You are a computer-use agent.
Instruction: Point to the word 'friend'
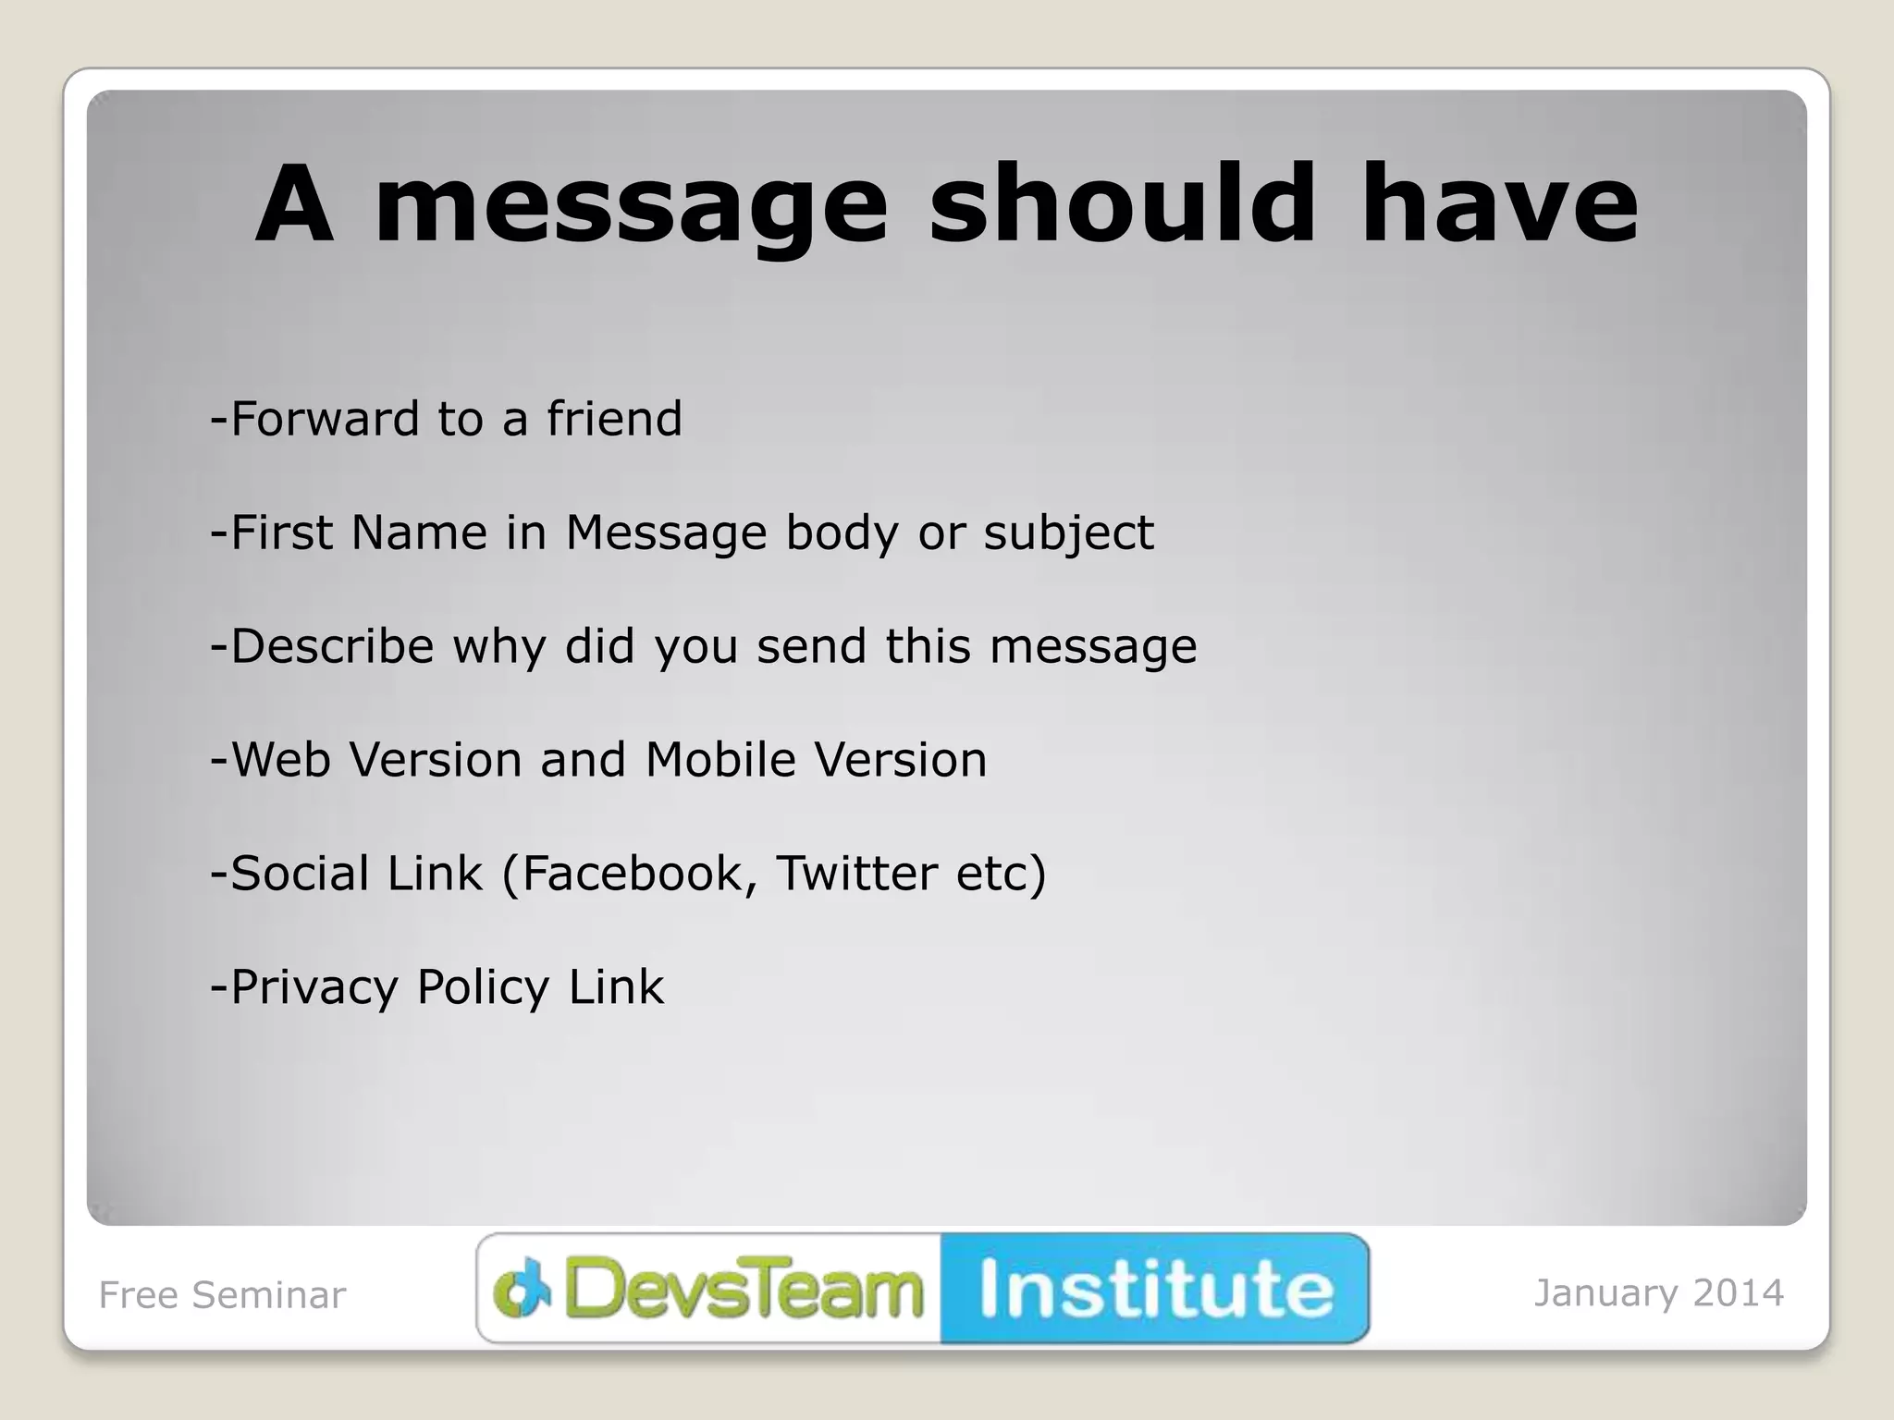pyautogui.click(x=614, y=419)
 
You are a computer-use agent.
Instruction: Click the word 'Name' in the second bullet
pyautogui.click(x=418, y=532)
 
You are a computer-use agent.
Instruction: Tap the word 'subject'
pyautogui.click(x=1068, y=534)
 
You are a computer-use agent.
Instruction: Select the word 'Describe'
pyautogui.click(x=332, y=646)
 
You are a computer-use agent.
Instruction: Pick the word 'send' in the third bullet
pyautogui.click(x=812, y=646)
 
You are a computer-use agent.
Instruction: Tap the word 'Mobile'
pyautogui.click(x=720, y=760)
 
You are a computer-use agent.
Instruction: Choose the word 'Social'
pyautogui.click(x=300, y=874)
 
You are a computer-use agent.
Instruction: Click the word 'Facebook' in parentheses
pyautogui.click(x=633, y=874)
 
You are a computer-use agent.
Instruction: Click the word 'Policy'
pyautogui.click(x=483, y=988)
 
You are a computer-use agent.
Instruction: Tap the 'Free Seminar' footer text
pyautogui.click(x=222, y=1295)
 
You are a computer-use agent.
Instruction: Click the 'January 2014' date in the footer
pyautogui.click(x=1659, y=1293)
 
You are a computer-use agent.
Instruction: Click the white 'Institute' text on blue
pyautogui.click(x=1156, y=1289)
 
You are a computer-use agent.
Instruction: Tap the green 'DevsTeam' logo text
pyautogui.click(x=744, y=1289)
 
